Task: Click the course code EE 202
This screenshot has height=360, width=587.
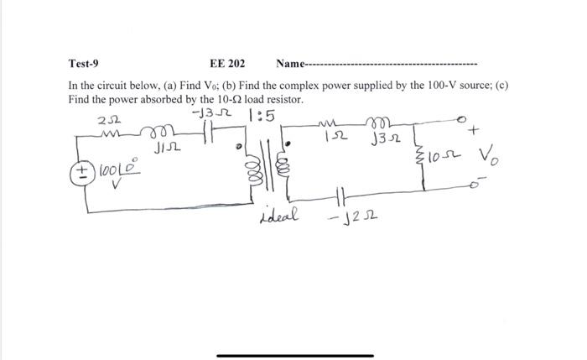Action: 227,63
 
